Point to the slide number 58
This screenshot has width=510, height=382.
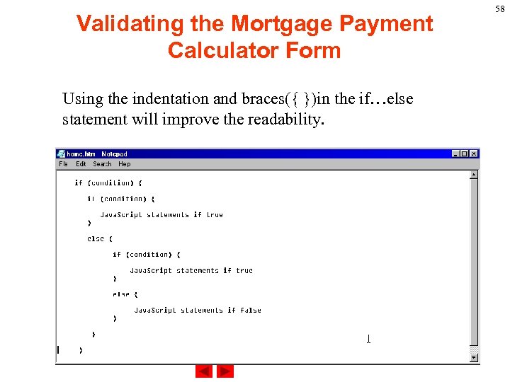click(500, 8)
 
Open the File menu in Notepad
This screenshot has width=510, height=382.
click(63, 164)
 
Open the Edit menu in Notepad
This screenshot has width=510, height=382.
click(81, 164)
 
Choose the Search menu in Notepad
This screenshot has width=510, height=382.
click(102, 164)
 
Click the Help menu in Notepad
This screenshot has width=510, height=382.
click(124, 164)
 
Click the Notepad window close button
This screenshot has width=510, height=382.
click(474, 154)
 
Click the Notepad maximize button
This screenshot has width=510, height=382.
click(465, 154)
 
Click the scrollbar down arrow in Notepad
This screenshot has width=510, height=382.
click(474, 358)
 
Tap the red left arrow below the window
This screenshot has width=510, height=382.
click(204, 371)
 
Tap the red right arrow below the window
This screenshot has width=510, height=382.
click(225, 371)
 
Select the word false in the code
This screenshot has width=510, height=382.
click(251, 310)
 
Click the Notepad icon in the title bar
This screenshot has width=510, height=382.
click(62, 154)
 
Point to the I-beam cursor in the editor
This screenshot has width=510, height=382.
click(368, 339)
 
